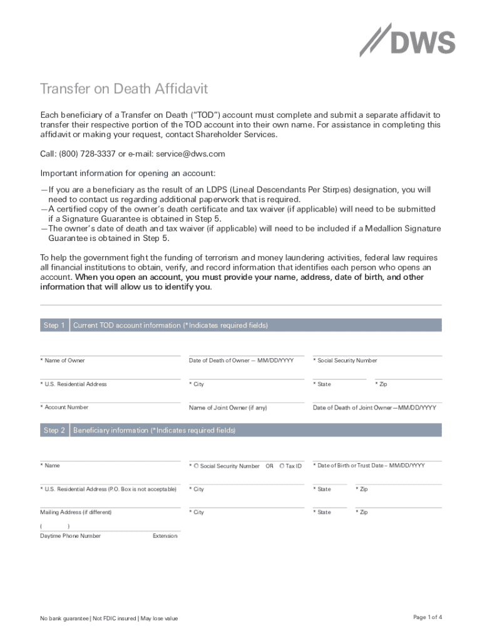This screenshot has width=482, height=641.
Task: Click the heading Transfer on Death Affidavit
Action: coord(124,89)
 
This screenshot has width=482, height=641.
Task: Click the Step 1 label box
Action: coord(54,326)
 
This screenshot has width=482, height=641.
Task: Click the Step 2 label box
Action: coord(54,431)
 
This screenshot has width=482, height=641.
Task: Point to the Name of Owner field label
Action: coord(63,361)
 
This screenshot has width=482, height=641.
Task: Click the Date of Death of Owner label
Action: coord(241,361)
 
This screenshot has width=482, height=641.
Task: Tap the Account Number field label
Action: coord(64,408)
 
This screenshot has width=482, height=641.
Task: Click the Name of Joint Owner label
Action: coord(228,408)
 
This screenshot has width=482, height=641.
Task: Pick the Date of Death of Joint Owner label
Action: coord(374,408)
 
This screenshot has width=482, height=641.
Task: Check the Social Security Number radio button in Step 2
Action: coord(196,466)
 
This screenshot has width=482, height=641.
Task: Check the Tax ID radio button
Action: coord(282,466)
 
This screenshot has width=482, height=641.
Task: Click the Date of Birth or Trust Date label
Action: coord(369,466)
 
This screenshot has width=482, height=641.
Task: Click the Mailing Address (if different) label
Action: coord(76,512)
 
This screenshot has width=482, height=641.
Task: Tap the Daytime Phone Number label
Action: coord(70,536)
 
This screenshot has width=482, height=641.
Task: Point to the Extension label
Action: coord(165,536)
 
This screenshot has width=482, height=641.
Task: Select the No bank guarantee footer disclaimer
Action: coord(109,618)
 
